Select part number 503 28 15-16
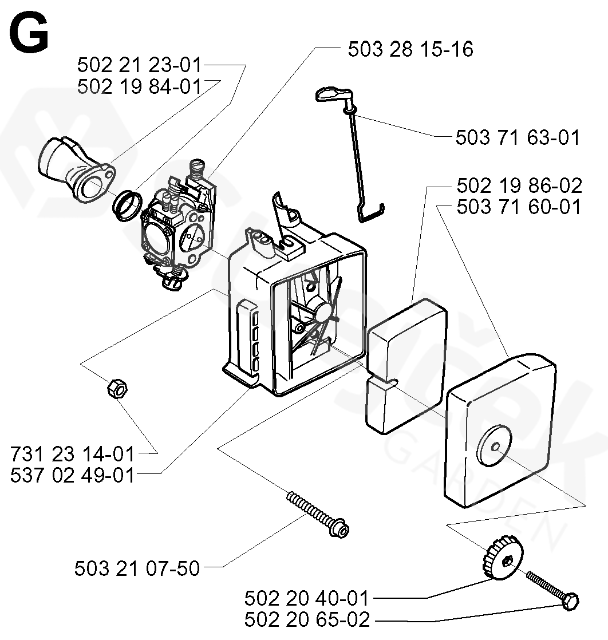click(x=410, y=49)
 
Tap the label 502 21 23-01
click(x=140, y=65)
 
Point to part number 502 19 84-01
click(x=140, y=86)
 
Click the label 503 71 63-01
click(x=518, y=137)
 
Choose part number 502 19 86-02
click(x=519, y=185)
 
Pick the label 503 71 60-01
click(x=519, y=207)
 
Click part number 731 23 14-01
click(x=72, y=454)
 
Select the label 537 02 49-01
click(x=72, y=475)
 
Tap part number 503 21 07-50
click(x=137, y=568)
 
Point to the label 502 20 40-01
click(x=307, y=598)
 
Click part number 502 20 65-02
click(x=307, y=619)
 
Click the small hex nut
click(x=117, y=388)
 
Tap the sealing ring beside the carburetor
click(x=128, y=206)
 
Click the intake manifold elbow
click(x=77, y=170)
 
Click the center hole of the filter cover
click(x=496, y=447)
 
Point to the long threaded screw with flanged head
click(x=318, y=514)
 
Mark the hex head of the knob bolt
click(x=570, y=601)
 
